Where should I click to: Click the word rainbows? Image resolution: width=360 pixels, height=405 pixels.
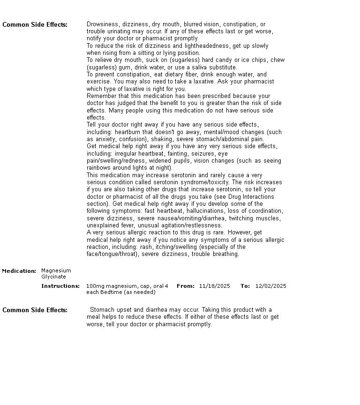point(99,168)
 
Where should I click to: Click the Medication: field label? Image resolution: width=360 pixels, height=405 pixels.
point(19,271)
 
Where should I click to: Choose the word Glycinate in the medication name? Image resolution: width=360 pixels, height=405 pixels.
point(53,277)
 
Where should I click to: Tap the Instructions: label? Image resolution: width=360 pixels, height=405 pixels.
point(60,286)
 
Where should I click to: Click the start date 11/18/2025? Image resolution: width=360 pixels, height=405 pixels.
point(214,286)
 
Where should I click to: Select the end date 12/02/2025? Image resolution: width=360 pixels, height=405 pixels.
point(270,286)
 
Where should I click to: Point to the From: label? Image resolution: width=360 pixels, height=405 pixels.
point(186,286)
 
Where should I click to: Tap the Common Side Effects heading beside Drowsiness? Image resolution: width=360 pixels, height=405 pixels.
point(35,25)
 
